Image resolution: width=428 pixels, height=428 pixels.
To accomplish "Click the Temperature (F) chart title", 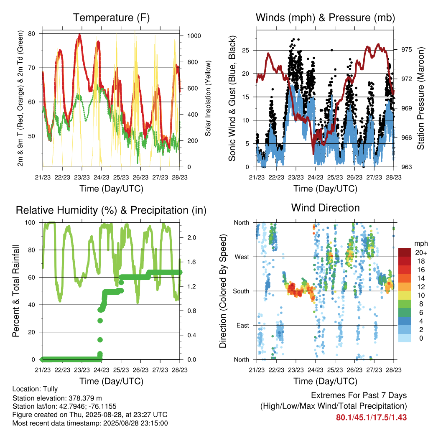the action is coord(111,18).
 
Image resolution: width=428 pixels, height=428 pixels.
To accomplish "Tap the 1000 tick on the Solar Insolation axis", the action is coord(194,36).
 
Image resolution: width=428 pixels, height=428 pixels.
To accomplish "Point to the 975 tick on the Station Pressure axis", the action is coord(406,49).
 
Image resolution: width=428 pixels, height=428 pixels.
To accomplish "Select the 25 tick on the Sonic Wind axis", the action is coord(245,50).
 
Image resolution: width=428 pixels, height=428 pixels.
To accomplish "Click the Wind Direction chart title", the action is coord(325,208).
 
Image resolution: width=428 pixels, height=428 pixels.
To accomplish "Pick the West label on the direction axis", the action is coord(242,257).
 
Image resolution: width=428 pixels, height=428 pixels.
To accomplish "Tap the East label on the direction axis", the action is coord(243,325).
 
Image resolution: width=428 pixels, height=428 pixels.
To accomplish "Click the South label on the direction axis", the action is coord(241,291).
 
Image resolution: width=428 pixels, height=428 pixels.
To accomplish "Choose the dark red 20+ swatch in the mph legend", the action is coord(405,252).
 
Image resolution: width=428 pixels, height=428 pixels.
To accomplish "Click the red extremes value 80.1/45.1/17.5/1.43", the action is coord(371,418).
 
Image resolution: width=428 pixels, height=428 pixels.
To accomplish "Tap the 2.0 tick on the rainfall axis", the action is coord(191,237).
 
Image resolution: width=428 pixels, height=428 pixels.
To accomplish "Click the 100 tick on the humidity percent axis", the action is coord(30,222).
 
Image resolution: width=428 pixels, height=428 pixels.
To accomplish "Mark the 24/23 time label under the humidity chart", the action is coord(102,370).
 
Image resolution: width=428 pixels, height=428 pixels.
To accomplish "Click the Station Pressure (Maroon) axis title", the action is coord(420,98).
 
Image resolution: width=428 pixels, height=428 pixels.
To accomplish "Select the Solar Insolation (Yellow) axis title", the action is coord(208,98).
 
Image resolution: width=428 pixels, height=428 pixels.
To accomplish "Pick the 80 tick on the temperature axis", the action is coord(32,33).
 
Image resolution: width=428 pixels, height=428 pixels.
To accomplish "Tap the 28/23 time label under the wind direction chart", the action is coord(394,370).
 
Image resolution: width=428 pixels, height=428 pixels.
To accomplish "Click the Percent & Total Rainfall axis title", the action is coord(16,291).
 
